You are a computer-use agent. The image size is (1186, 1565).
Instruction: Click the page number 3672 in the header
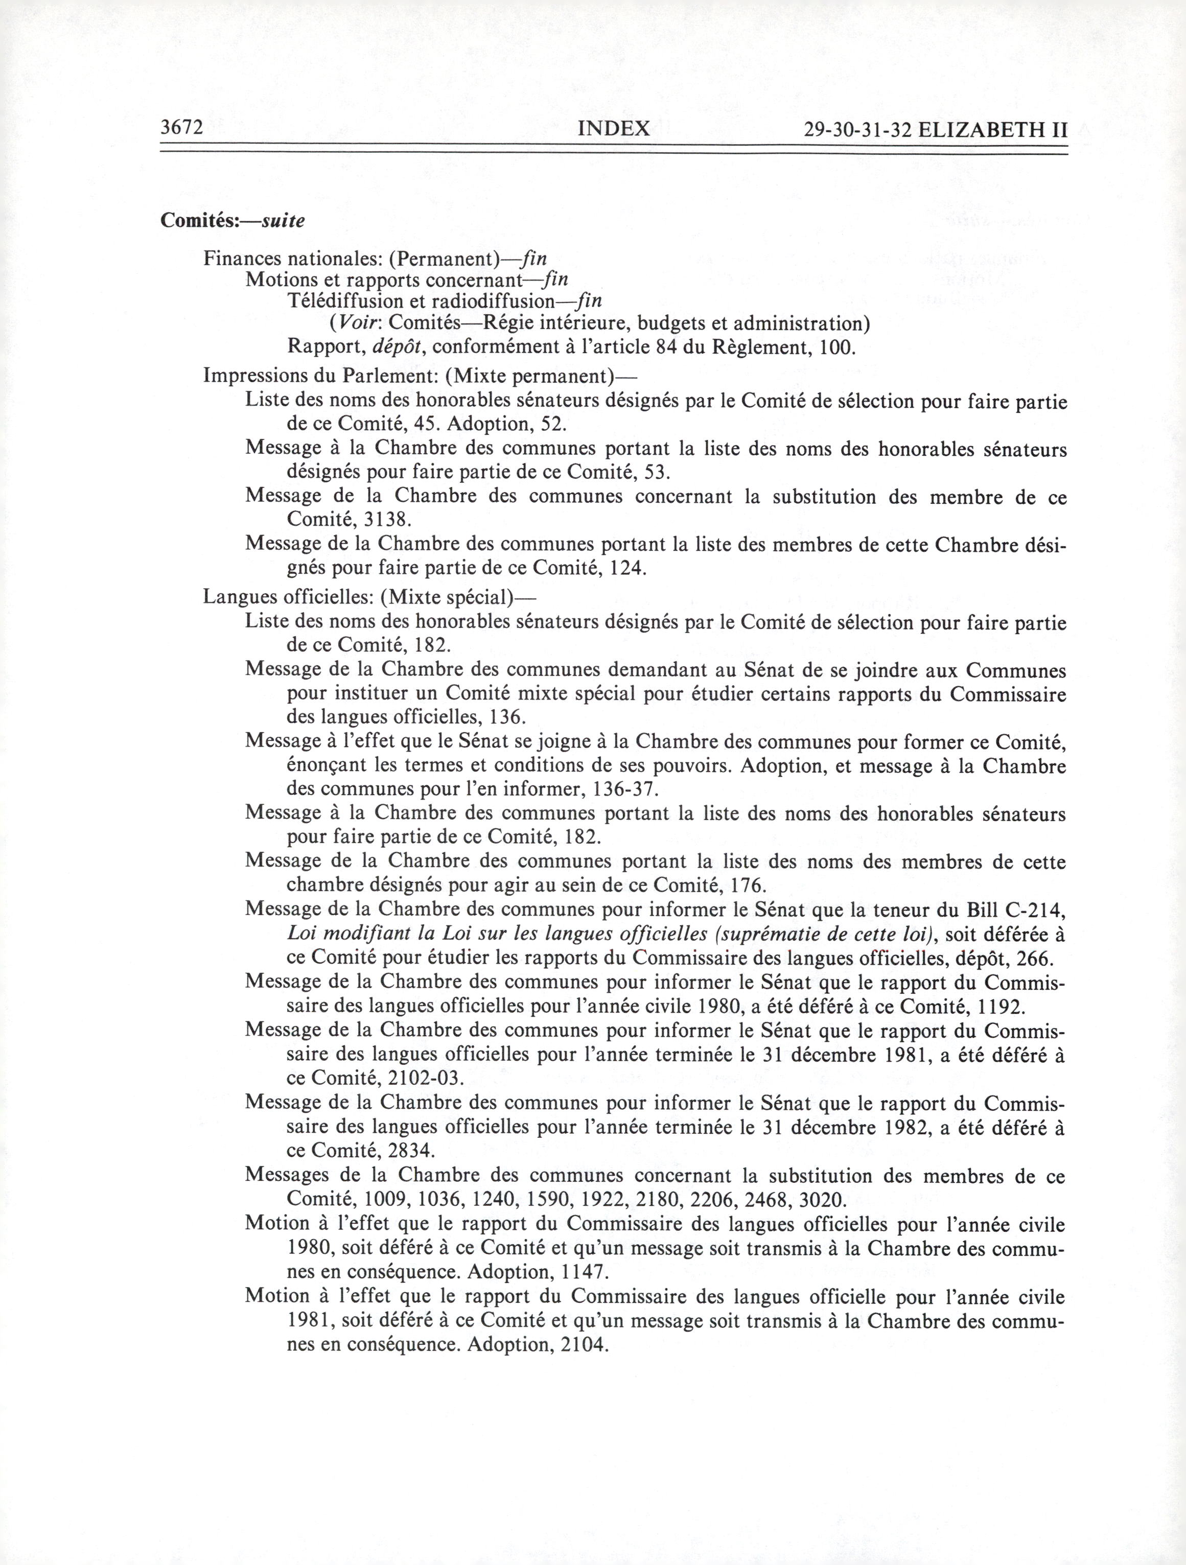click(182, 128)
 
